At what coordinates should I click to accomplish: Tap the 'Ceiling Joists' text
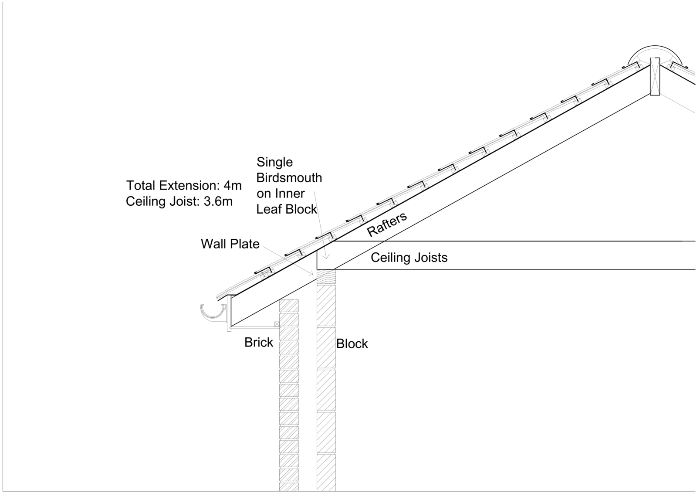click(409, 258)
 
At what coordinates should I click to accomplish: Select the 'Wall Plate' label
click(230, 244)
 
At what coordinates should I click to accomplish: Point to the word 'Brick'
click(259, 343)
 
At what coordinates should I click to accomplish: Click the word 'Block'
click(352, 344)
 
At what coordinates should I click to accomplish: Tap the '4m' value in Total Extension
click(233, 186)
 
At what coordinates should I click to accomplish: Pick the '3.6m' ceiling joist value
click(218, 201)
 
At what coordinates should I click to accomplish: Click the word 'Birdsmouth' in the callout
click(289, 178)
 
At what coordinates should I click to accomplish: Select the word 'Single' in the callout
click(274, 163)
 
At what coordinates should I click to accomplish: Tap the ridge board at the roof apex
click(655, 77)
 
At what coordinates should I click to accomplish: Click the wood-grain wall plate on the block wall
click(326, 277)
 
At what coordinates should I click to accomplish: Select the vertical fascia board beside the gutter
click(229, 313)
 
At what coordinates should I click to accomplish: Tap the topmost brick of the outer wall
click(289, 306)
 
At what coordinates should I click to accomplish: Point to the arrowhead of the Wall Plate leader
click(312, 274)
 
